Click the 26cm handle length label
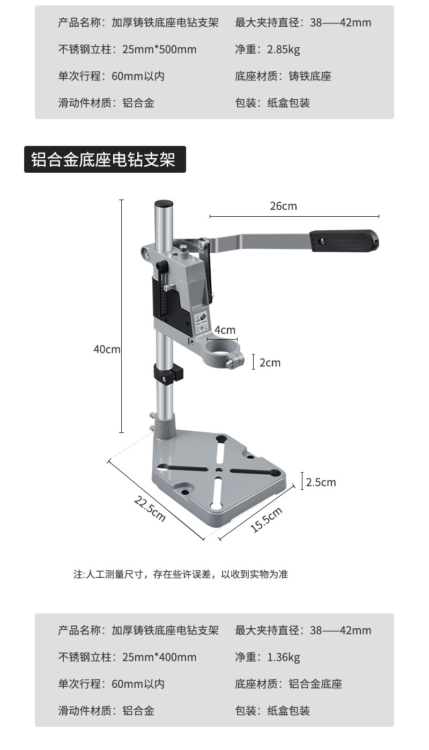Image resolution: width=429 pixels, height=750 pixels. click(283, 206)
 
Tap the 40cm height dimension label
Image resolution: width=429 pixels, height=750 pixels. click(107, 349)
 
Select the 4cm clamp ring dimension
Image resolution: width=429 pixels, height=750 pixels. click(225, 330)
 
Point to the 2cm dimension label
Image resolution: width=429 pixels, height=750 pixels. click(270, 363)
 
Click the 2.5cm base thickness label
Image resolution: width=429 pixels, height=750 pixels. click(321, 482)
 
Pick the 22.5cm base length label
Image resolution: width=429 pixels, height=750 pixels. click(150, 509)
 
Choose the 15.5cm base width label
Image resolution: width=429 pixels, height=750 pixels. click(267, 520)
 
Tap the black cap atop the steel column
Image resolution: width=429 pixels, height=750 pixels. click(164, 204)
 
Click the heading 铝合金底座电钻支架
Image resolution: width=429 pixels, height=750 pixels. click(105, 159)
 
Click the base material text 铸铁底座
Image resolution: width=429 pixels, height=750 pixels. click(310, 76)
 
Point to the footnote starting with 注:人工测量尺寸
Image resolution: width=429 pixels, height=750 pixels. click(181, 574)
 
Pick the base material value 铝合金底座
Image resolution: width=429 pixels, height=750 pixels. click(315, 684)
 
